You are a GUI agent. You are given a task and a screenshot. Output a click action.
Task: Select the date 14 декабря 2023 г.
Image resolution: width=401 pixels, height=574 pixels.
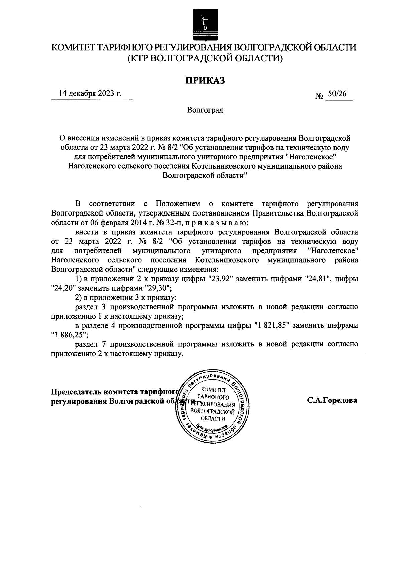point(90,93)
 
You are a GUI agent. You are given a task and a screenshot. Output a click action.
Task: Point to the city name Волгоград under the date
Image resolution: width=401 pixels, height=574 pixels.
point(205,110)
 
